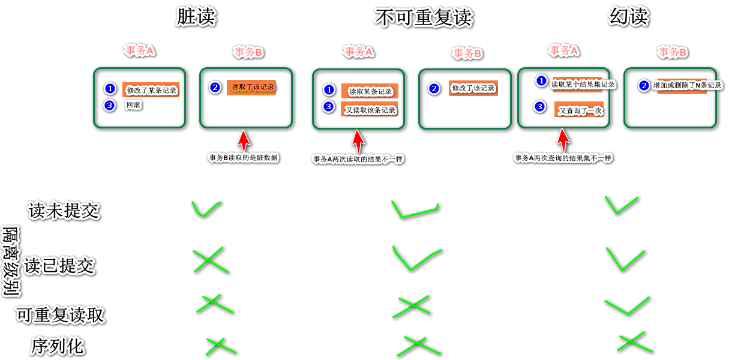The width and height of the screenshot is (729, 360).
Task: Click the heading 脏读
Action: pos(196,17)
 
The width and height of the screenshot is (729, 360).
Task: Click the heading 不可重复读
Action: pos(424,18)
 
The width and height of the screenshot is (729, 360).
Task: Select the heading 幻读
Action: pos(629,17)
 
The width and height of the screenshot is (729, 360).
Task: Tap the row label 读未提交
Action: pos(64,211)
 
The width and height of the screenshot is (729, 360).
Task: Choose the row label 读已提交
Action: pos(59,265)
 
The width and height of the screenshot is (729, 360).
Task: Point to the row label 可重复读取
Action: pos(61,315)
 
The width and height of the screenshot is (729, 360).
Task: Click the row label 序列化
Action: pos(58,346)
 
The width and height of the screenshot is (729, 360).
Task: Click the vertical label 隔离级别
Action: pos(10,262)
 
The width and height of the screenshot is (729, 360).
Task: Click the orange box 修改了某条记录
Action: pos(151,90)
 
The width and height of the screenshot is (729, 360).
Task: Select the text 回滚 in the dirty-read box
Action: pos(133,106)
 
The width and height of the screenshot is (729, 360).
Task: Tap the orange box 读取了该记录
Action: pos(252,87)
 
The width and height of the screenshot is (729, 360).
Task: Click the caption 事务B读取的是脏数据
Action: pos(244,158)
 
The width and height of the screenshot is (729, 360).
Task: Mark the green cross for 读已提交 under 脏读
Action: pos(210,261)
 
